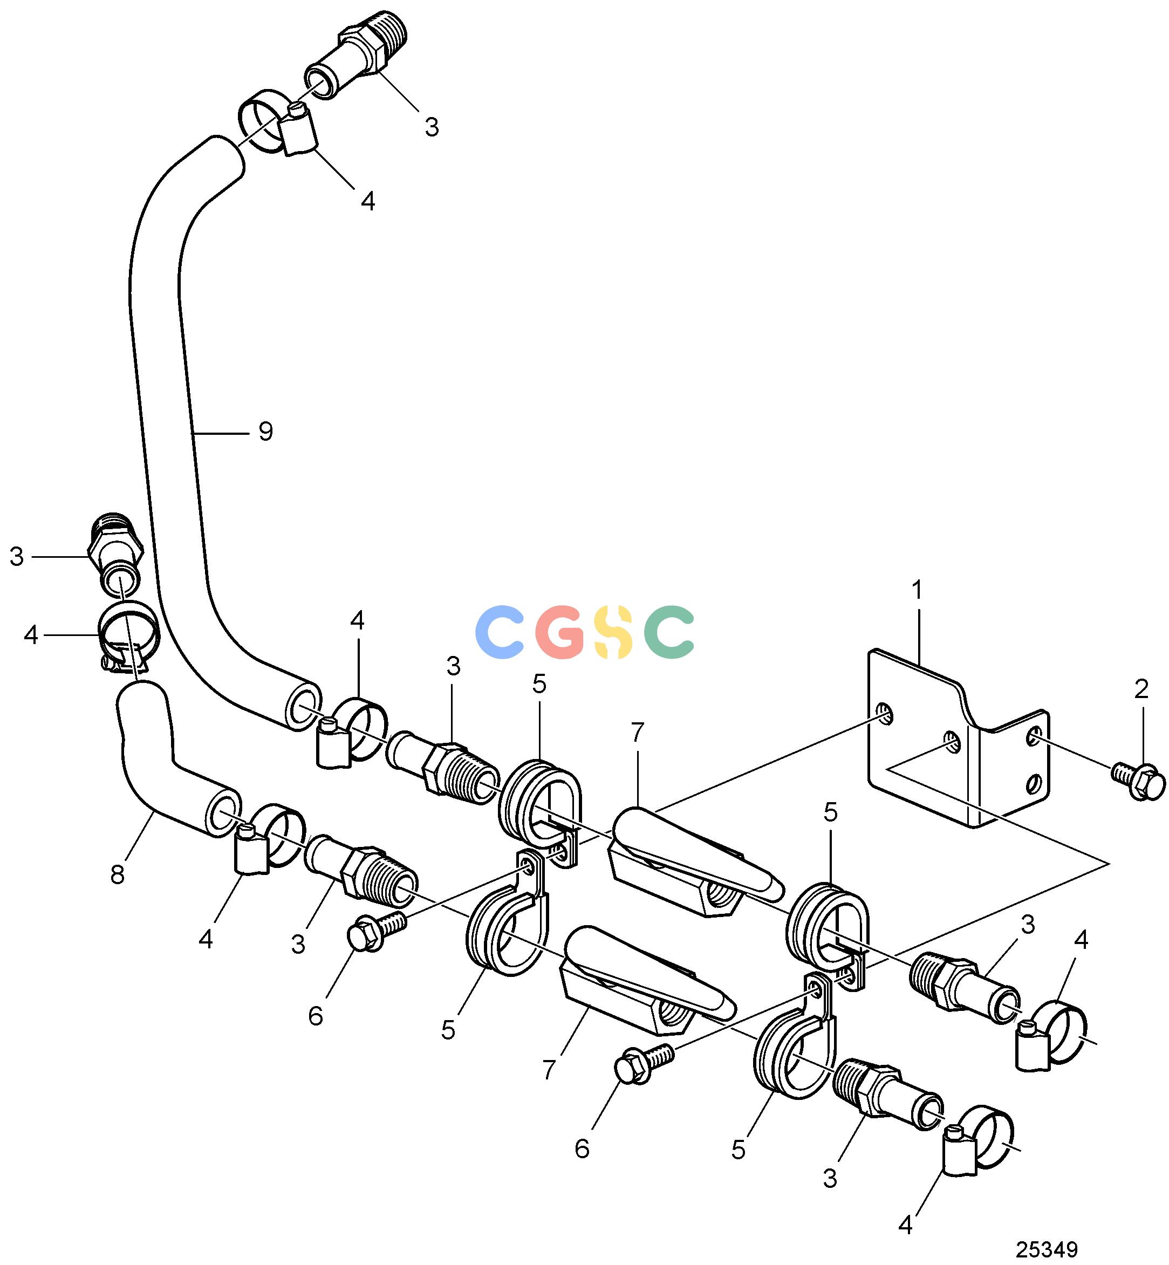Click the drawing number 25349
point(1047,1249)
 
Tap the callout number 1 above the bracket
point(917,590)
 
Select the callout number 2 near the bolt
point(1141,689)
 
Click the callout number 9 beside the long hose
point(265,432)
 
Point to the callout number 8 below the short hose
point(118,875)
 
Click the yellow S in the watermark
point(613,631)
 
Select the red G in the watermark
point(559,631)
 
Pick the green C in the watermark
point(669,631)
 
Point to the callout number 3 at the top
point(432,127)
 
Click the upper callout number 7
point(637,733)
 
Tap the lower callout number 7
point(549,1070)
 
